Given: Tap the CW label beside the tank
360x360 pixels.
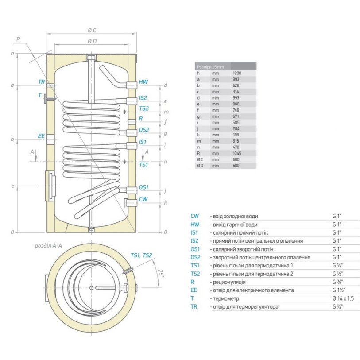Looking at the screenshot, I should [x=143, y=200].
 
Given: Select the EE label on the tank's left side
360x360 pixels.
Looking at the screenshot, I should [x=41, y=136].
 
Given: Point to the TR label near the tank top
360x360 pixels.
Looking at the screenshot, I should [x=41, y=82].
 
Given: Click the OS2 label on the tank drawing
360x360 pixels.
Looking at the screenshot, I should [x=144, y=130].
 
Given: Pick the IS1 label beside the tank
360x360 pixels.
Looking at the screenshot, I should [x=143, y=143].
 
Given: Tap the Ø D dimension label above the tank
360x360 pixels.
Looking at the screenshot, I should [x=92, y=41].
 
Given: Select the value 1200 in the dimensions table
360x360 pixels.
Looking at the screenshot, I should [x=237, y=73].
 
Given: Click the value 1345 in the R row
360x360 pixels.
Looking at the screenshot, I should [x=237, y=153].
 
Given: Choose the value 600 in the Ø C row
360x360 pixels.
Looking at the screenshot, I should [x=236, y=159].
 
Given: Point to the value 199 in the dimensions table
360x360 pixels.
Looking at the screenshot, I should [x=236, y=134].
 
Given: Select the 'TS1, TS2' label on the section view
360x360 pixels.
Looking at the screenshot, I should [x=141, y=255].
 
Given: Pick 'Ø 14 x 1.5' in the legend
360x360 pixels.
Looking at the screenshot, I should [x=343, y=299].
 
